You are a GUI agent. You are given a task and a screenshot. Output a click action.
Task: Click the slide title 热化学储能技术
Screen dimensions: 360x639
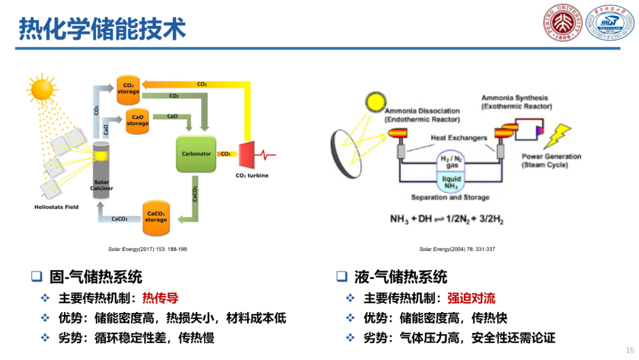click(102, 28)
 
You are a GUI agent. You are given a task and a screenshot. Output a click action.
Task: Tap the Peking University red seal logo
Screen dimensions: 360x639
click(563, 22)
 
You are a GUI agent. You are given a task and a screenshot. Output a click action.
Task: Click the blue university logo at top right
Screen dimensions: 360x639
click(609, 22)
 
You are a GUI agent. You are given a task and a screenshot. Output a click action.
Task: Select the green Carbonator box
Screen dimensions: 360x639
click(196, 154)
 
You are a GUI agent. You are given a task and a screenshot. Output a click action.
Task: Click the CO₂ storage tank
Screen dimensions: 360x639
click(128, 88)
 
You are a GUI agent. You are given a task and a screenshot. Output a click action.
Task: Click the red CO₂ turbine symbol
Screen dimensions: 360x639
click(247, 155)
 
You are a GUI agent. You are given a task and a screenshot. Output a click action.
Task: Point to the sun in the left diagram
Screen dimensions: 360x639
click(43, 89)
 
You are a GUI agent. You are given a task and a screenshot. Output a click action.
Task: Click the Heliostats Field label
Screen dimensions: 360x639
click(56, 207)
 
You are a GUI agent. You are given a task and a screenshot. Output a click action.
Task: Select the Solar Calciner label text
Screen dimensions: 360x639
click(102, 185)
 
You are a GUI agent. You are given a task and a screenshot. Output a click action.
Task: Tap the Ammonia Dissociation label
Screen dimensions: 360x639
click(422, 115)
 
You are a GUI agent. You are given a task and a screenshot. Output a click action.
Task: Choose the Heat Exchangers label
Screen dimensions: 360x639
click(459, 138)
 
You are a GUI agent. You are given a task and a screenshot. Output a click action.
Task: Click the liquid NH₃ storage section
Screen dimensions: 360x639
click(452, 182)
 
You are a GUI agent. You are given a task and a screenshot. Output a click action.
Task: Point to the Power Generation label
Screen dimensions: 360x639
click(551, 160)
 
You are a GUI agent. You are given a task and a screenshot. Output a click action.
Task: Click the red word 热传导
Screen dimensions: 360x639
click(160, 298)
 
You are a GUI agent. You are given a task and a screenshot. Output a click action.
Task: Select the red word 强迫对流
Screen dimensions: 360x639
click(471, 298)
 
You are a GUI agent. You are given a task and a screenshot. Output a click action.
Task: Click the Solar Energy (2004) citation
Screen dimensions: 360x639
click(457, 249)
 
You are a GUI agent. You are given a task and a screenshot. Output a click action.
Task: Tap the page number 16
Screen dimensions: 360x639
click(630, 350)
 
